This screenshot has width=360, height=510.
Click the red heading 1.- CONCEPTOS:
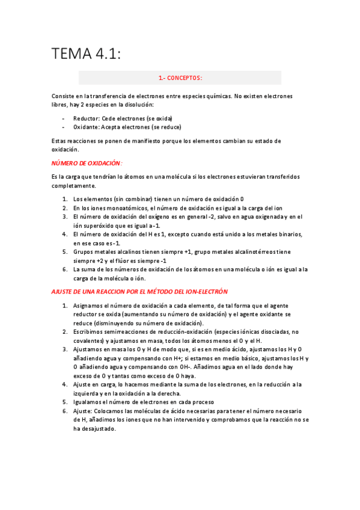180,78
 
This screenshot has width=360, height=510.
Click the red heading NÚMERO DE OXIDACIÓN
87,163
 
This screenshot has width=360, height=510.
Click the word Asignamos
89,306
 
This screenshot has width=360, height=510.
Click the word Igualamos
88,402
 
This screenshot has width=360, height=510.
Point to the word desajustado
97,428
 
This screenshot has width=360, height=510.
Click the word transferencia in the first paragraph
110,96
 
